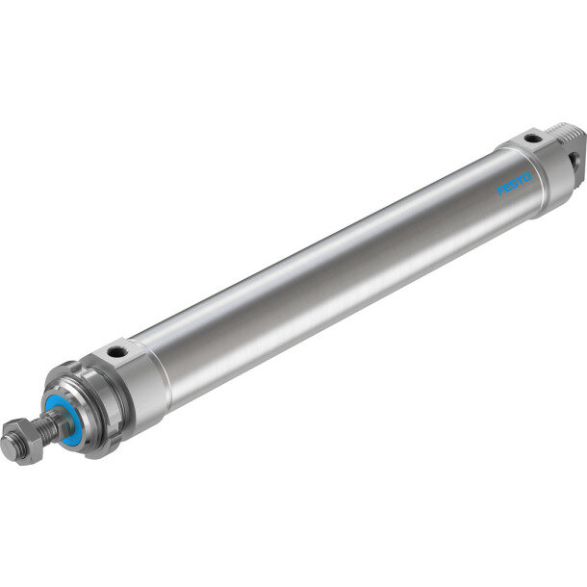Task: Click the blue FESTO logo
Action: click(514, 184)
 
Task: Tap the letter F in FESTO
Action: click(500, 191)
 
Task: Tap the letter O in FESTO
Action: click(526, 177)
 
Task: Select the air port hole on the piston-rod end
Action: click(113, 351)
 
